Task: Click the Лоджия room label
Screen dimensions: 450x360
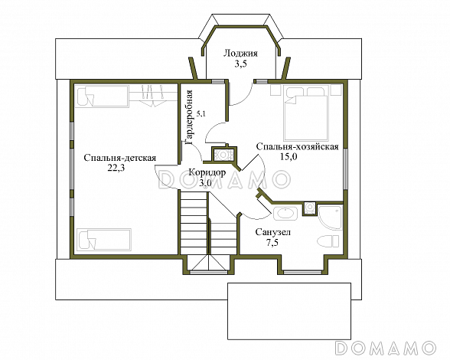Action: [x=240, y=54]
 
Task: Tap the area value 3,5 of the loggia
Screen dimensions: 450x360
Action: [x=240, y=64]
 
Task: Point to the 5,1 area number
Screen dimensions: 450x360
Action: [x=201, y=114]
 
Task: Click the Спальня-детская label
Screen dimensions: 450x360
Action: [x=119, y=159]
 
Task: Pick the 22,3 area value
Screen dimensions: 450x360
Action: [x=116, y=169]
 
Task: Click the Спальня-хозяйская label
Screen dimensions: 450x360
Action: [x=297, y=147]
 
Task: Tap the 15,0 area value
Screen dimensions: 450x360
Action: [x=289, y=157]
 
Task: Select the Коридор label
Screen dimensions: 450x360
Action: [x=207, y=172]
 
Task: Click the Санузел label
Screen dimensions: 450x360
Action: [x=273, y=232]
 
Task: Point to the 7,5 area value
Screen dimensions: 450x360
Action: [x=272, y=243]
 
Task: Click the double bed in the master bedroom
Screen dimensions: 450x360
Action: [x=306, y=113]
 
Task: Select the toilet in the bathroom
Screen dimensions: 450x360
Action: [x=329, y=241]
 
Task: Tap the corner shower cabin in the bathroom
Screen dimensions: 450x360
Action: [x=330, y=218]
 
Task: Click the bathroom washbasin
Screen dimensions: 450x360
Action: [x=285, y=214]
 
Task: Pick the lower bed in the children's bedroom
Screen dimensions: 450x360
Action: [x=104, y=239]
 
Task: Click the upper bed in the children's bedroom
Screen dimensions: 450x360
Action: [x=103, y=96]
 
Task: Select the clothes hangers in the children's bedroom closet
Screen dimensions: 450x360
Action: [x=153, y=96]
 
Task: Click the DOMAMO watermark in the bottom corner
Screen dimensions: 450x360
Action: [x=386, y=348]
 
